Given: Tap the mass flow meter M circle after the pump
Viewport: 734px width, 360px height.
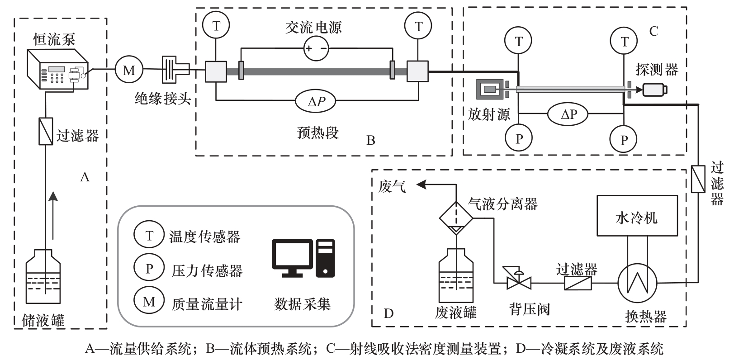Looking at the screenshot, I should click(129, 70).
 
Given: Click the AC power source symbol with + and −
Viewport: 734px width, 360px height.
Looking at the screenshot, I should click(316, 48).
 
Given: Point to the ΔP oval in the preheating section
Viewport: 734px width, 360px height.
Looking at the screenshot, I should click(316, 102).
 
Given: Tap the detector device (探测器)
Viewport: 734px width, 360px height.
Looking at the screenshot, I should click(655, 89).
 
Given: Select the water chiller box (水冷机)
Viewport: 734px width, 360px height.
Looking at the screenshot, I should click(637, 216).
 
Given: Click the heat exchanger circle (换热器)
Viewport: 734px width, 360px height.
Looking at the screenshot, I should click(638, 283).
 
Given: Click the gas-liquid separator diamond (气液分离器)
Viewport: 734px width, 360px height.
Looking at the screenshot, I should click(456, 218).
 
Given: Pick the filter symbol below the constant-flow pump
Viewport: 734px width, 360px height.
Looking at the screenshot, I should click(46, 131).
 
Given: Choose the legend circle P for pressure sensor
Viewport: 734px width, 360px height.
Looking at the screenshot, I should click(149, 268).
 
